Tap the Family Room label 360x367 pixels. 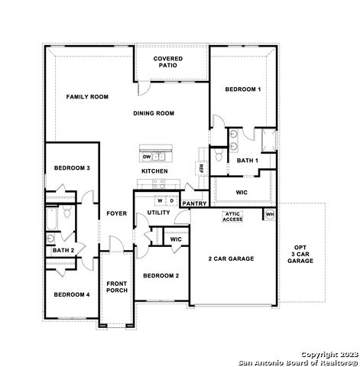[x=87, y=97]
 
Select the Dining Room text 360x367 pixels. [x=154, y=113]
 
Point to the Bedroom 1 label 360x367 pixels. [x=242, y=89]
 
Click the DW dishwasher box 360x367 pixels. [x=147, y=157]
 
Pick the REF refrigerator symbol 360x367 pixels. [x=201, y=168]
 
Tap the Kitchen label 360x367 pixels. [x=154, y=171]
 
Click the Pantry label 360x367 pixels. [x=194, y=203]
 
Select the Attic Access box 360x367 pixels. [x=232, y=216]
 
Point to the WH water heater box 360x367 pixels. [x=269, y=215]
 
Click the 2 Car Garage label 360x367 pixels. [x=231, y=258]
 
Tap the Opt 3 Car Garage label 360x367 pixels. [x=300, y=255]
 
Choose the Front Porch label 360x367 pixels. [x=117, y=287]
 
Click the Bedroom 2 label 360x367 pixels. [x=161, y=275]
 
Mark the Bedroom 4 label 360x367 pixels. [x=72, y=294]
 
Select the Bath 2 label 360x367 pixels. [x=63, y=250]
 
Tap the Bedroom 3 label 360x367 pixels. [x=72, y=168]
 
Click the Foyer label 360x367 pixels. [x=116, y=213]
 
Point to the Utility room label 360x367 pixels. [x=159, y=213]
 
